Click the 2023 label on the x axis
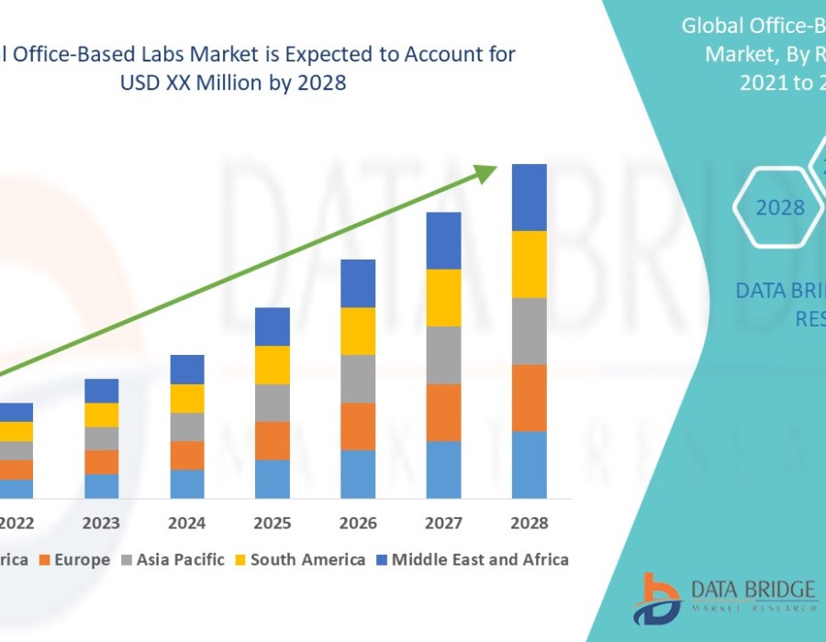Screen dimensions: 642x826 [101, 523]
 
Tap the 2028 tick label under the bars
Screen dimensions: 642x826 [529, 523]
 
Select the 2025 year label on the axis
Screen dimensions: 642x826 [273, 523]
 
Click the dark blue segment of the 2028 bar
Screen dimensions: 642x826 [529, 197]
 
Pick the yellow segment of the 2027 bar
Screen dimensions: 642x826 [443, 297]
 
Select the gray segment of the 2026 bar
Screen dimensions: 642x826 [358, 379]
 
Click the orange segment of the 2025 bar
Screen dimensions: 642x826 [273, 440]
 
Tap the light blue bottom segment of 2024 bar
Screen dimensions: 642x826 [187, 483]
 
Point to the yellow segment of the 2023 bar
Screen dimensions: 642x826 [101, 415]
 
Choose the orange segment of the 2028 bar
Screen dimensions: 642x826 [529, 398]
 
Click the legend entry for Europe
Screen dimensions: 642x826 [79, 559]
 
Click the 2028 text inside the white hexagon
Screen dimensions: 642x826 [780, 208]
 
